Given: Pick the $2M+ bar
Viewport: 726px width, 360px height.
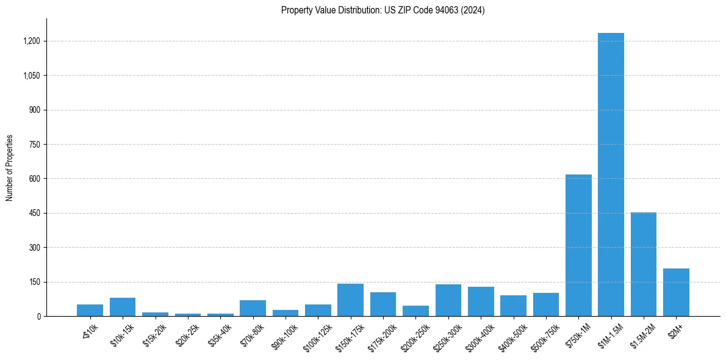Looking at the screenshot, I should (x=676, y=292).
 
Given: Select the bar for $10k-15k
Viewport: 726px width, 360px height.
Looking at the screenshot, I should (x=123, y=307).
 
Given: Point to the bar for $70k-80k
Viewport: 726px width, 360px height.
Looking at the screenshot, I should (x=253, y=308).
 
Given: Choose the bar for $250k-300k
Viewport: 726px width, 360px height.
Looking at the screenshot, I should (x=448, y=300).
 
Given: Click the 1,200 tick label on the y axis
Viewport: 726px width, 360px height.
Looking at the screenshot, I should (x=31, y=41).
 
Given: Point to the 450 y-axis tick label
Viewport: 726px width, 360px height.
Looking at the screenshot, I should (x=34, y=214).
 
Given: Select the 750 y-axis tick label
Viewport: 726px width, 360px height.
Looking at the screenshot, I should (x=34, y=145).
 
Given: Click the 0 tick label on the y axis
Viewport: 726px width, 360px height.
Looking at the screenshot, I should (x=38, y=317).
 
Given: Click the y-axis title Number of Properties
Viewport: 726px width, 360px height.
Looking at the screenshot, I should (x=10, y=168).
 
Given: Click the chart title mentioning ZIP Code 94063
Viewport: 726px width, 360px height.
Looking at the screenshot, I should (x=383, y=10).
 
